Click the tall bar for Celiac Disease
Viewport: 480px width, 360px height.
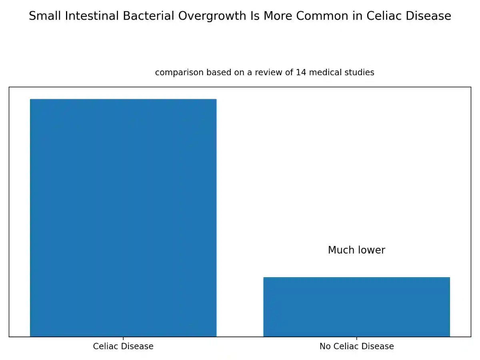click(123, 218)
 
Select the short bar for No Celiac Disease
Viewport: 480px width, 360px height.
click(356, 307)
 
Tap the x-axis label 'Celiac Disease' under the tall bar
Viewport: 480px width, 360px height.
click(123, 346)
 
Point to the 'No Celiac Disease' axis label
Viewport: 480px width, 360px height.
click(356, 346)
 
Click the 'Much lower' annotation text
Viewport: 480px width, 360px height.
click(356, 250)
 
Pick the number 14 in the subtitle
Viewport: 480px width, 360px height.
click(301, 72)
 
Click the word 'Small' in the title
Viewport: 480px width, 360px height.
click(45, 16)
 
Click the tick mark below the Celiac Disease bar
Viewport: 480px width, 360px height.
click(123, 338)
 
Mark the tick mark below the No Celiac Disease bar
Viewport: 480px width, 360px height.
click(356, 338)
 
